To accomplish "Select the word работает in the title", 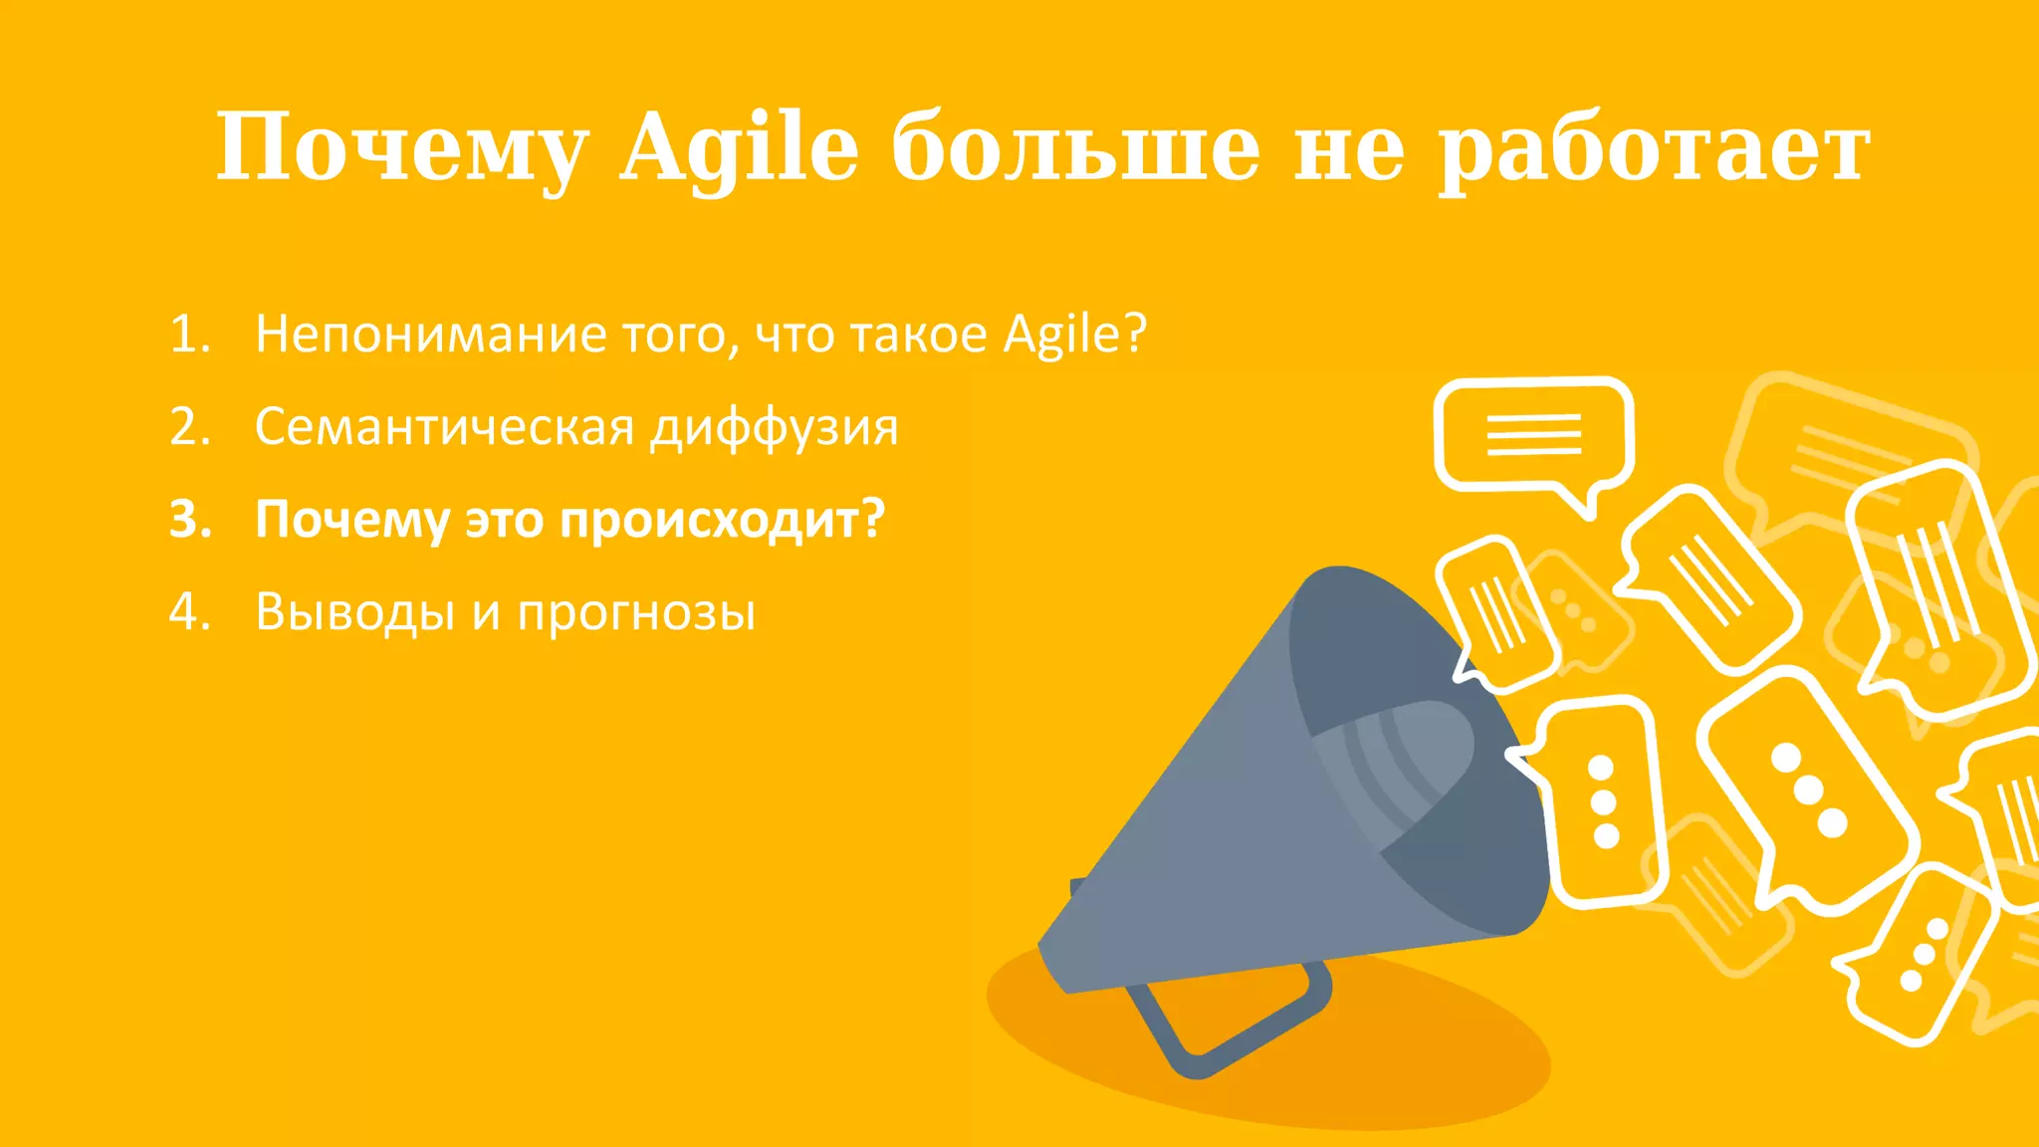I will (x=1654, y=149).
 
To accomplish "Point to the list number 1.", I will (x=189, y=335).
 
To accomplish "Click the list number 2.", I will (x=189, y=427).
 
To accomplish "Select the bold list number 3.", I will (x=190, y=520).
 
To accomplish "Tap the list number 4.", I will (x=189, y=611).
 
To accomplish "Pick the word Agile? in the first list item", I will (x=1075, y=335).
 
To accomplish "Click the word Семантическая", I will (x=444, y=427).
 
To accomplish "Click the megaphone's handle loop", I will (x=1235, y=1026).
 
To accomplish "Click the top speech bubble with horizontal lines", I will (x=1533, y=434).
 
